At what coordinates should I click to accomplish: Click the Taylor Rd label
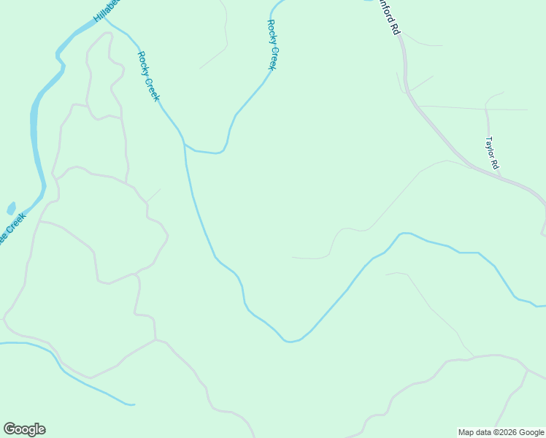[x=493, y=153]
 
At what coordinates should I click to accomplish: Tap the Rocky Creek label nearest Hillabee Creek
[x=148, y=76]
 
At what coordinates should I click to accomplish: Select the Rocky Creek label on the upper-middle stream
[x=272, y=45]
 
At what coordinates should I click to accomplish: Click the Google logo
[x=25, y=429]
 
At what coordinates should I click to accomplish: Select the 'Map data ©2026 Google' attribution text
[x=501, y=432]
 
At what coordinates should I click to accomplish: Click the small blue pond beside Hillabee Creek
[x=11, y=208]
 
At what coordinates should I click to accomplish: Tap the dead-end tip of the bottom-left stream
[x=134, y=404]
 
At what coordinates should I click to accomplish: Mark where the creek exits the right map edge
[x=544, y=306]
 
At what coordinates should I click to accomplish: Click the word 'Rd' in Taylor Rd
[x=495, y=164]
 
